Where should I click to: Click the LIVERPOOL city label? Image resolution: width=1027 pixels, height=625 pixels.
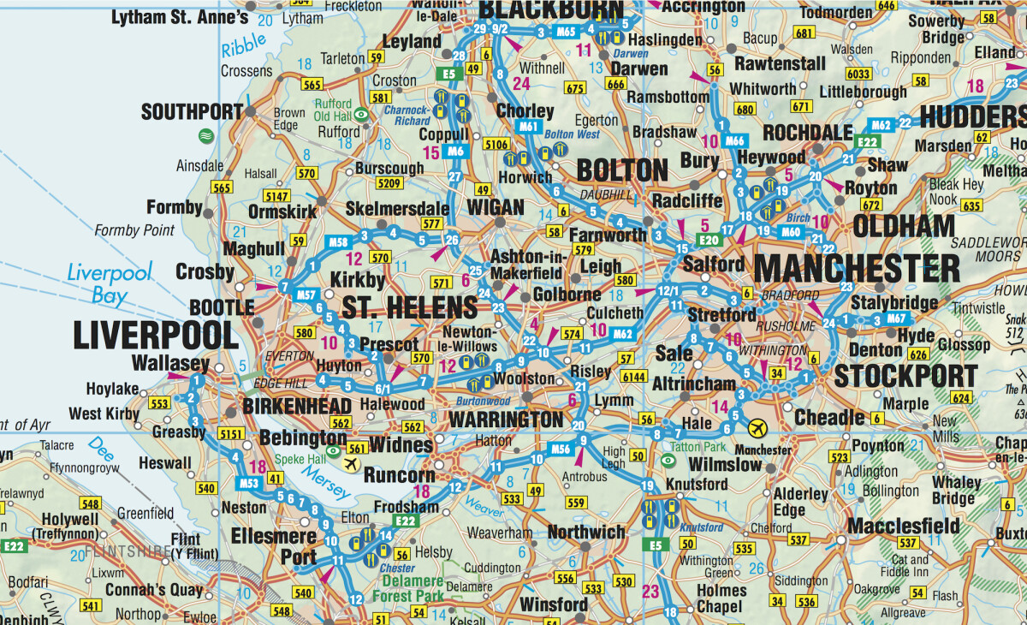click(156, 336)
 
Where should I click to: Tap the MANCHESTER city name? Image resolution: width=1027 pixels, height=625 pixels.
click(857, 269)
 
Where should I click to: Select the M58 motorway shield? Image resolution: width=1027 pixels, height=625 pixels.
click(339, 242)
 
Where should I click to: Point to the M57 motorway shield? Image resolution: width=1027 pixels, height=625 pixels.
click(308, 295)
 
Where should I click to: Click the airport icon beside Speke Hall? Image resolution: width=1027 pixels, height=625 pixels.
click(349, 463)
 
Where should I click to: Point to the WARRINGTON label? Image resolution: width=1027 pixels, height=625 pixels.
click(506, 420)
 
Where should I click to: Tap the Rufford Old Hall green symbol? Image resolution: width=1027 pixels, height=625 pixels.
click(362, 113)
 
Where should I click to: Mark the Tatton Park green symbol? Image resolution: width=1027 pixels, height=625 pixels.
click(668, 461)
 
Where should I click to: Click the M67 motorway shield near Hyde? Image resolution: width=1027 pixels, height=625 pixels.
click(896, 319)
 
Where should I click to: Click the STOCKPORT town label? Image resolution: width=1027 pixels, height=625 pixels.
click(905, 376)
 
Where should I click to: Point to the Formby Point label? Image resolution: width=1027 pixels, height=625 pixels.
click(134, 230)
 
